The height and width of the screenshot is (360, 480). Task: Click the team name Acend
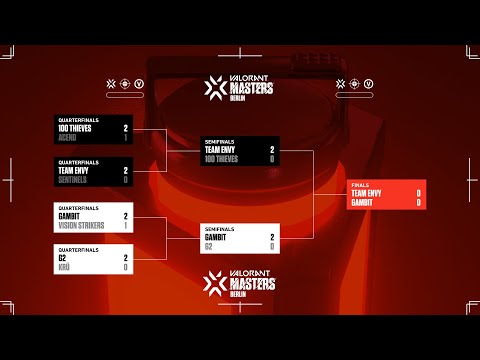pos(68,137)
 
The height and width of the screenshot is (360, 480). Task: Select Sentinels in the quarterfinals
pos(73,180)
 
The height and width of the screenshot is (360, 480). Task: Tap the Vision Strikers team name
pos(81,225)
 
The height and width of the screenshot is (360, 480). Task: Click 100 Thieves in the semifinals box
pos(220,158)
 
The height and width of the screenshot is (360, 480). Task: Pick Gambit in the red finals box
pos(363,202)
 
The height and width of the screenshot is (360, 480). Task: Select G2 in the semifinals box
pos(209,246)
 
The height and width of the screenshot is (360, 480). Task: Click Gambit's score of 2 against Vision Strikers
pos(125,216)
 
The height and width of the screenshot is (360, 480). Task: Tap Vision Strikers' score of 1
pos(125,225)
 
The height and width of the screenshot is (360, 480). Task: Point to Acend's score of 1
pos(125,137)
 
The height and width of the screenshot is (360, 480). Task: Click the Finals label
pos(359,185)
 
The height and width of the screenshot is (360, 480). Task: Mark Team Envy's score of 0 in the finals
pos(418,193)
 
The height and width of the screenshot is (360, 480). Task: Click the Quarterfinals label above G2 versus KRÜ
pos(77,251)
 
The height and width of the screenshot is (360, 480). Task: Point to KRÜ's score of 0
pos(125,267)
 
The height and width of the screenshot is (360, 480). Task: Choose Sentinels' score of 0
pos(125,180)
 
